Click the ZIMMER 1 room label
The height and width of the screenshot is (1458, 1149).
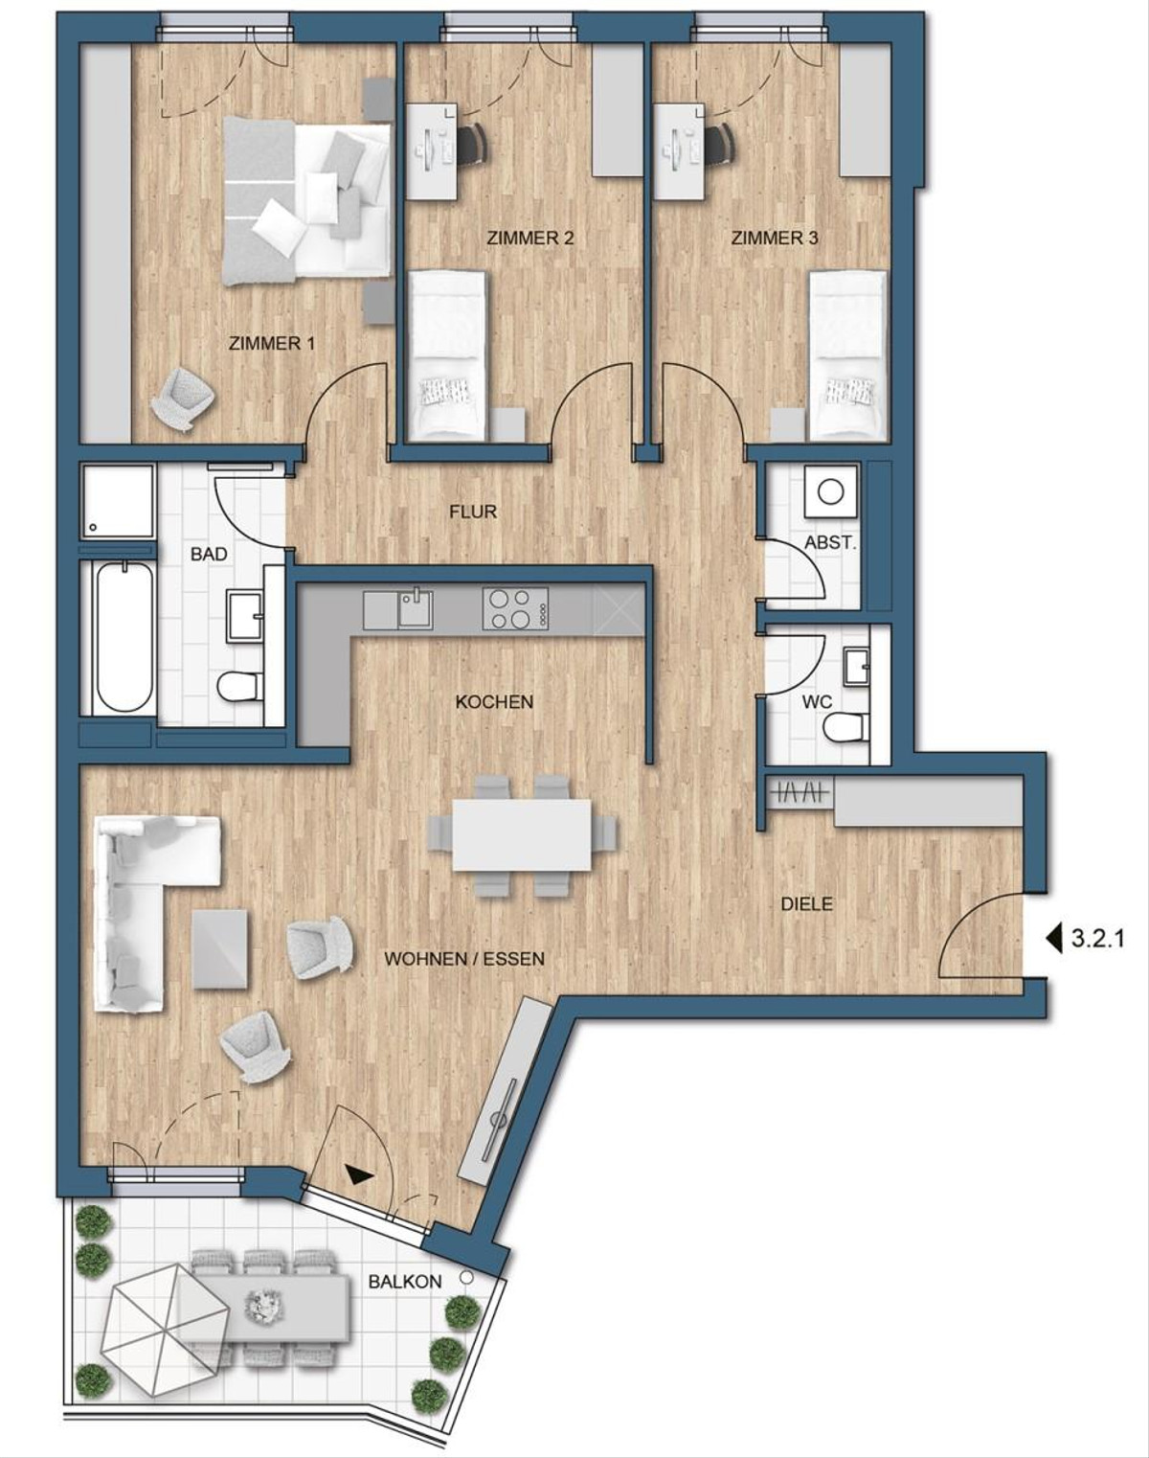271,343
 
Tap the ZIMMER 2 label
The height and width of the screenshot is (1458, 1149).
529,238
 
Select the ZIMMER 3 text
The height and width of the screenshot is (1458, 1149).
775,238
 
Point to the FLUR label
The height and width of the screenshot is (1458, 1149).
473,512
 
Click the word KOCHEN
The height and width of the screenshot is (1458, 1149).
494,702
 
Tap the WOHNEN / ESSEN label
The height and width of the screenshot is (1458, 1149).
464,958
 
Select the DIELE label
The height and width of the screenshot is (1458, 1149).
806,903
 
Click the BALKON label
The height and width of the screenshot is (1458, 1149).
405,1282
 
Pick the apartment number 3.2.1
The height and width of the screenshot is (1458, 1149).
1095,939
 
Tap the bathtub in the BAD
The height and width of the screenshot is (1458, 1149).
124,636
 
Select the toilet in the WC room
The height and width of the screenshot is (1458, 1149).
845,728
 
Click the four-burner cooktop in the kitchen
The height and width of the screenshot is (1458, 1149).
515,608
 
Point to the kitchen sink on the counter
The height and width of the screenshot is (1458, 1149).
415,608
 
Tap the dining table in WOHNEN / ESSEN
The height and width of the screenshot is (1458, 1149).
521,835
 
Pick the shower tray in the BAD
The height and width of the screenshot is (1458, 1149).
118,501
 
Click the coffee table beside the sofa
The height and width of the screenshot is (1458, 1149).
220,948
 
